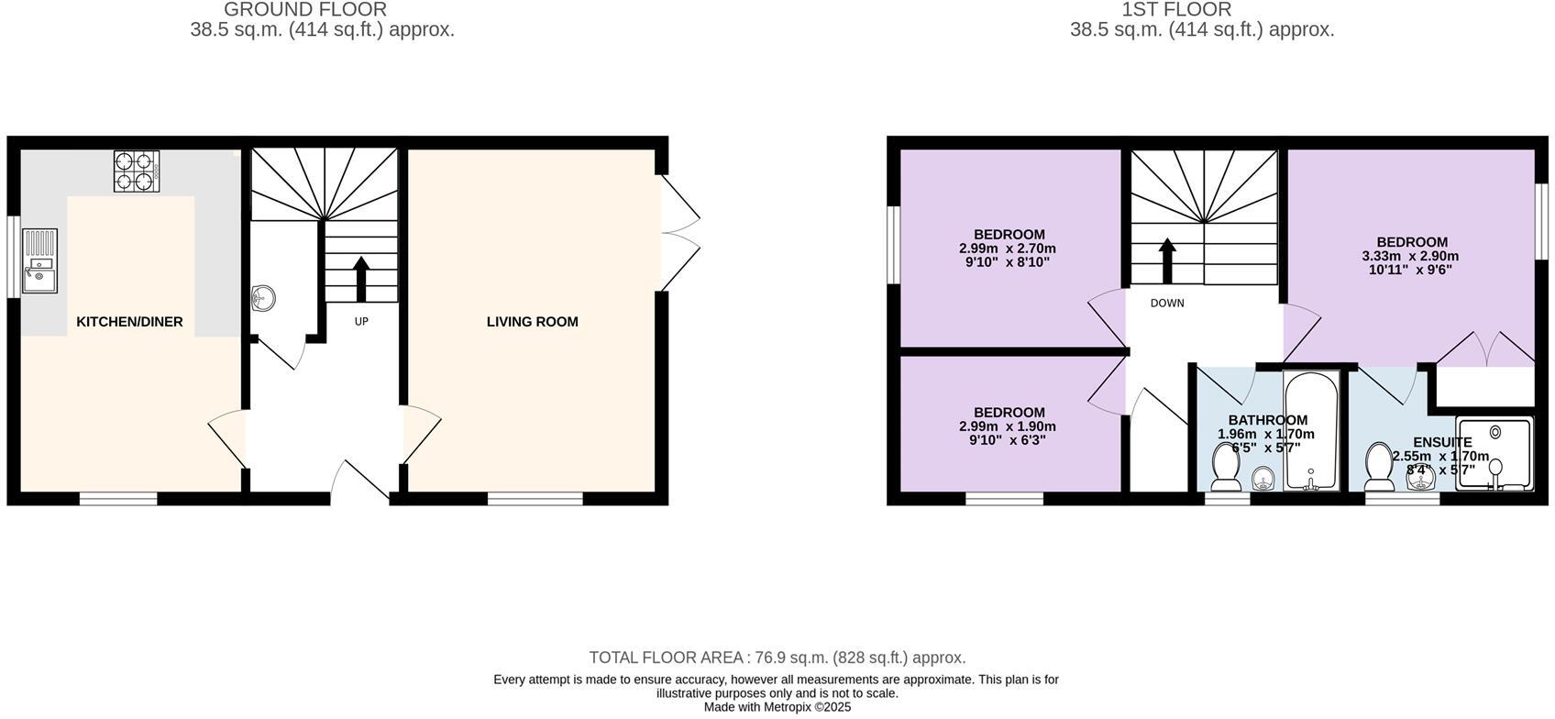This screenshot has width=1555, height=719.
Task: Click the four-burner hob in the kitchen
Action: click(x=137, y=171)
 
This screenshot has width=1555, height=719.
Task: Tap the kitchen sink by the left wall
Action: click(x=39, y=261)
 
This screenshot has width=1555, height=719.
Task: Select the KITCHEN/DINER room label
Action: click(x=129, y=322)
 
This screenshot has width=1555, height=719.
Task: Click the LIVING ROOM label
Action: click(x=532, y=322)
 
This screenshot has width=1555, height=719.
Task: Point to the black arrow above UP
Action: click(x=360, y=279)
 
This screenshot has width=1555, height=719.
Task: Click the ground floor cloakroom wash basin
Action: click(x=263, y=297)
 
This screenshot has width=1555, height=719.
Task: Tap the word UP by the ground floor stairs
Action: click(x=361, y=322)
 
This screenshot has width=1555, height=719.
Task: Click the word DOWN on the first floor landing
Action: click(x=1167, y=304)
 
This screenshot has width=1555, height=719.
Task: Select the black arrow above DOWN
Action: click(x=1167, y=260)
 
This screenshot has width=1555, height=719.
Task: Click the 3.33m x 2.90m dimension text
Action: click(x=1410, y=257)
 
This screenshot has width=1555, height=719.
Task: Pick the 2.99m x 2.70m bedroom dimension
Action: click(x=1008, y=249)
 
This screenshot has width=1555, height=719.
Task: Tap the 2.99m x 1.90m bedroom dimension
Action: click(x=1008, y=426)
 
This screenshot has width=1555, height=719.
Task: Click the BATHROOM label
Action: click(x=1268, y=420)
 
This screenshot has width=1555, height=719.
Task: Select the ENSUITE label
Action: click(x=1442, y=442)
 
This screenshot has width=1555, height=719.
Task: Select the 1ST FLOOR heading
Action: click(x=1176, y=10)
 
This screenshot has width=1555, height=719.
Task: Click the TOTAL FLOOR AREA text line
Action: click(x=777, y=658)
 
